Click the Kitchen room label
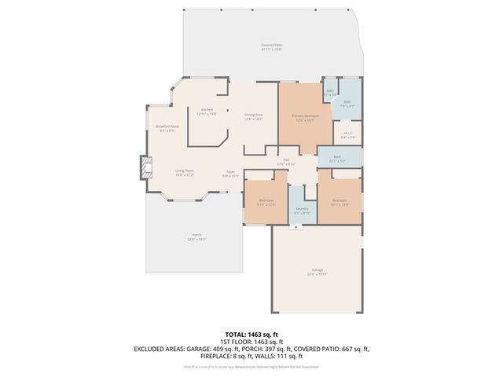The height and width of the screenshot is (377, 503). [207, 111]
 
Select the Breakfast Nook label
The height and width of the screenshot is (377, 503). [167, 128]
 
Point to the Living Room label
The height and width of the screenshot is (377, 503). [185, 171]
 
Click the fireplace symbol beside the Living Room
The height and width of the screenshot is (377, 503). [144, 168]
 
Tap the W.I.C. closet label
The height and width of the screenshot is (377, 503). [349, 134]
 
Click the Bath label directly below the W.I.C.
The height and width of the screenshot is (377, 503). [337, 158]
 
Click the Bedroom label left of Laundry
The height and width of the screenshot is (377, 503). [266, 202]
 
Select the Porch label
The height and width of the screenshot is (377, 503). [196, 236]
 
